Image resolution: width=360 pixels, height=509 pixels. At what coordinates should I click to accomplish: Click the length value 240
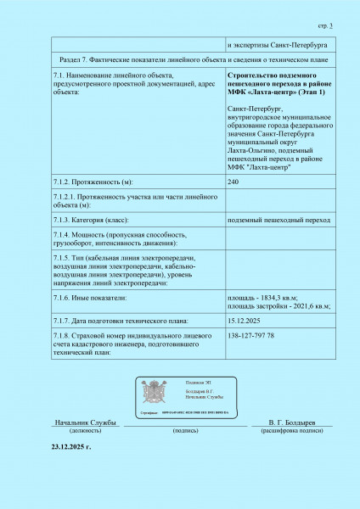point(233,182)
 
